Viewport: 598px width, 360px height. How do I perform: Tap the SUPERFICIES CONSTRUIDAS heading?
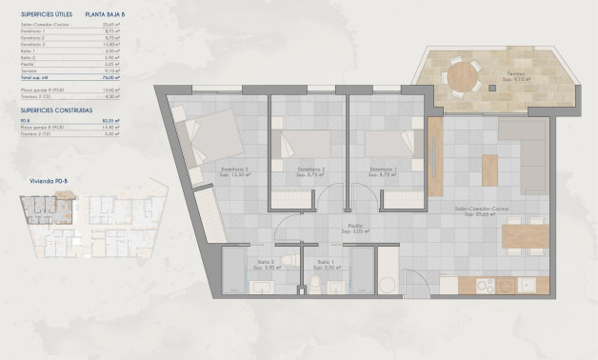tap(56, 110)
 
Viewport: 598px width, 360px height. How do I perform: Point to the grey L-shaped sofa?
tap(524, 143)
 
